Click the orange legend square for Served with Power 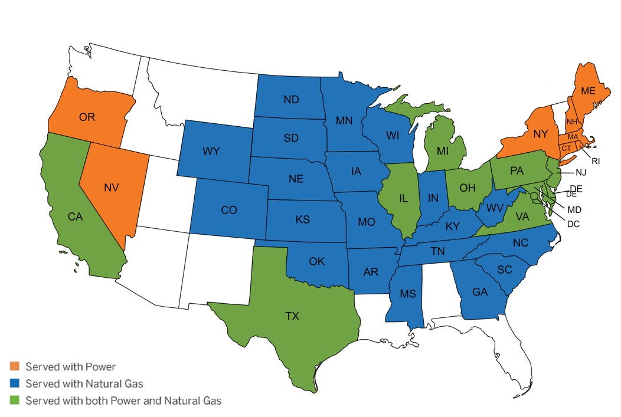[x=15, y=367]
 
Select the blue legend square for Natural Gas [x=15, y=384]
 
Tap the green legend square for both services [x=15, y=401]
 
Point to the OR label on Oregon [x=87, y=117]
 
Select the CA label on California [x=75, y=216]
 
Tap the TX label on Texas [x=292, y=316]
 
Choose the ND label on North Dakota [x=290, y=100]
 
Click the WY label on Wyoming [x=211, y=152]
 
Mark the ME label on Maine [x=588, y=91]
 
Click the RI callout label [x=596, y=160]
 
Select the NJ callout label [x=582, y=173]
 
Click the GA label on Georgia [x=480, y=291]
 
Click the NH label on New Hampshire [x=571, y=122]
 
